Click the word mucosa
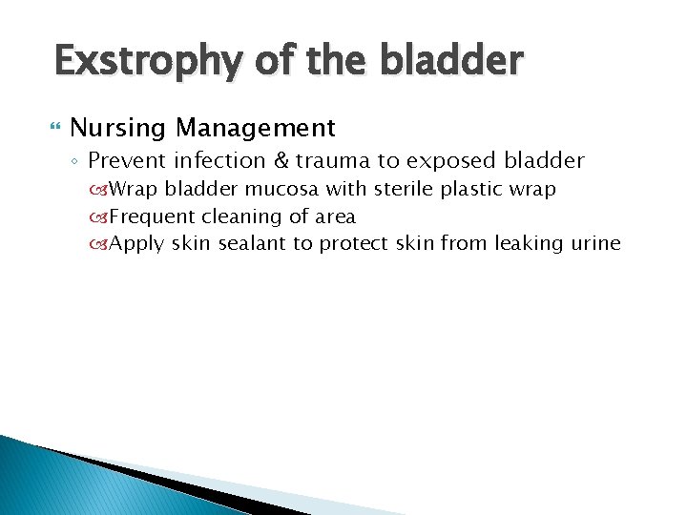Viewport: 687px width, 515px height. point(291,190)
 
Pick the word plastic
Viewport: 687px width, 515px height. point(484,190)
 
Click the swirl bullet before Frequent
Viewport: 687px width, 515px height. point(100,217)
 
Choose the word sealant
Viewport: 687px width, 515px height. point(252,244)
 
